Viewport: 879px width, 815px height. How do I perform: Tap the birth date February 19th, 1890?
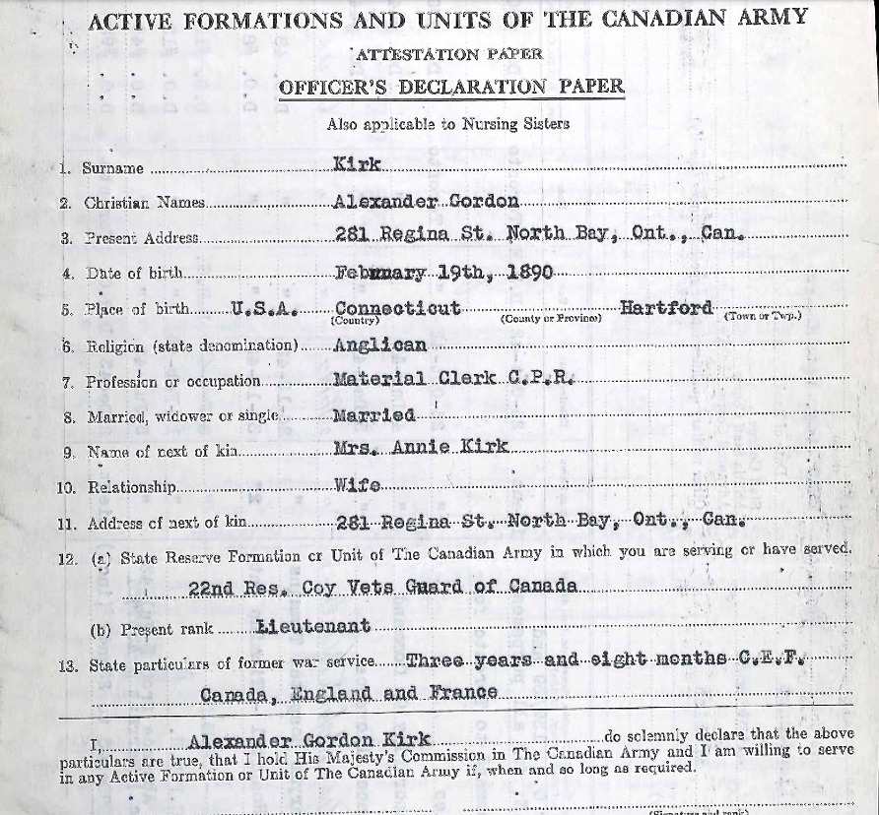tap(443, 273)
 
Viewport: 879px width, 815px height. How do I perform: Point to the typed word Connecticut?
tap(396, 307)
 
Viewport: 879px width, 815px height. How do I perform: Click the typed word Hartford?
tap(666, 307)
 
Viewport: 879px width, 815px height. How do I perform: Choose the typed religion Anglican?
tap(380, 345)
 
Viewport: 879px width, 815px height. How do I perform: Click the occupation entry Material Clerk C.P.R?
tap(452, 379)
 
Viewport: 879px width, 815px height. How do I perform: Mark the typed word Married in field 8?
tap(374, 414)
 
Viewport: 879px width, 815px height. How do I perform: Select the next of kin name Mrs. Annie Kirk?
tap(422, 448)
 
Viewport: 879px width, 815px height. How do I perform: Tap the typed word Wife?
tap(358, 484)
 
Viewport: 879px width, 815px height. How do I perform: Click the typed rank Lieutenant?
tap(312, 625)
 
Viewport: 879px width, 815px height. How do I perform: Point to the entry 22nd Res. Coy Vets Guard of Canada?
tap(382, 587)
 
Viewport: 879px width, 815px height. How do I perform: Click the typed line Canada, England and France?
tap(349, 693)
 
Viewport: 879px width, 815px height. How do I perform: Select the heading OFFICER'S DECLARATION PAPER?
tap(451, 87)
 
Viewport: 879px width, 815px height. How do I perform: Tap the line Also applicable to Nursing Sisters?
tap(447, 124)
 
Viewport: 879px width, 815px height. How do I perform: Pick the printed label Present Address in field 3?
tap(142, 238)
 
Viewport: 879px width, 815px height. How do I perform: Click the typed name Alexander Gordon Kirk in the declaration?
tap(308, 741)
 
